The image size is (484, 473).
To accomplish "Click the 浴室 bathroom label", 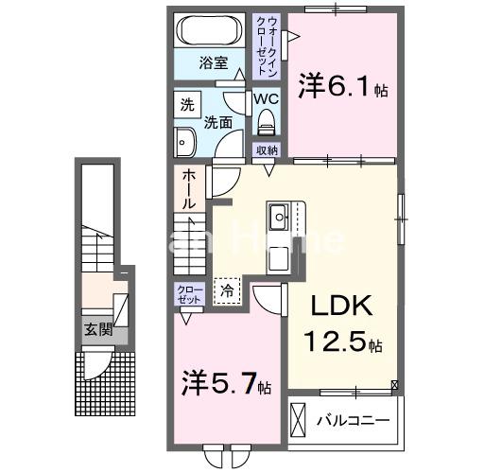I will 214,62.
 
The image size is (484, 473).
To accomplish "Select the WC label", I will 266,96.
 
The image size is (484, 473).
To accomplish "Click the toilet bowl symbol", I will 266,120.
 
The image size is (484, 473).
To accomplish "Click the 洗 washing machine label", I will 187,104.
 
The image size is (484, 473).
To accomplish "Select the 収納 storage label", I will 267,150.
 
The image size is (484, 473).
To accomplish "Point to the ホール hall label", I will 189,189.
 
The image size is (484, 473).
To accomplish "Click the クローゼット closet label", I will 186,294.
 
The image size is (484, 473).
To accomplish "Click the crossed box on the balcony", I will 299,417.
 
